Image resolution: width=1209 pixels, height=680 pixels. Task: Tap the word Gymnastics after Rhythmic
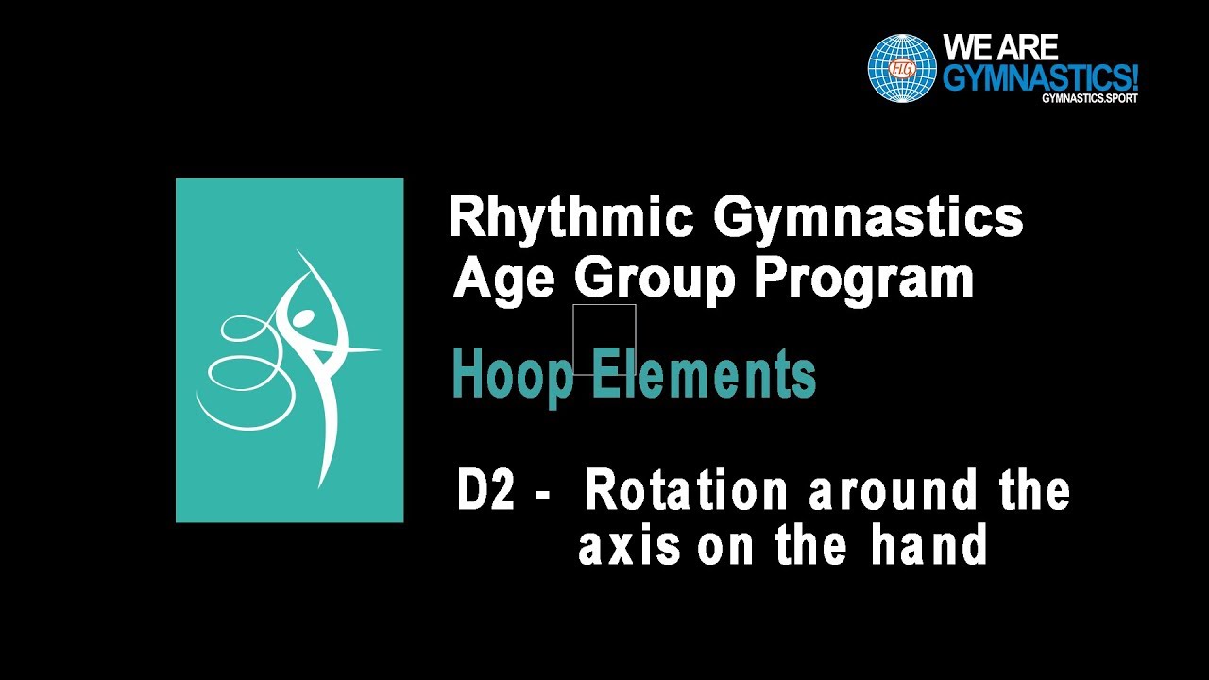[x=868, y=219]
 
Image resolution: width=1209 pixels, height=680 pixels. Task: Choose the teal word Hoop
[x=512, y=376]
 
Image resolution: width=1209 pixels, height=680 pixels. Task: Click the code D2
[x=485, y=492]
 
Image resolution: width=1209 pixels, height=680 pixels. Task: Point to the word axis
[x=629, y=546]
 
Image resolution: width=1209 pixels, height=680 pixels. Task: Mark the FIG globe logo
[x=902, y=68]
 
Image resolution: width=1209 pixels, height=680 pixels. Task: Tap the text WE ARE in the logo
[x=1001, y=47]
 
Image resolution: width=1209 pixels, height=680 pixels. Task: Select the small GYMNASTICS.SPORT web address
[x=1090, y=98]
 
